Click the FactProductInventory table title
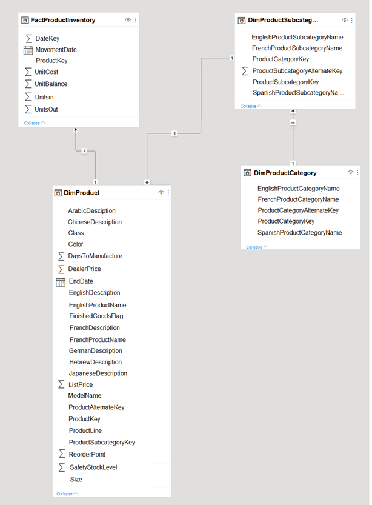tap(63, 20)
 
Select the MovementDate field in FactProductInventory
tap(56, 50)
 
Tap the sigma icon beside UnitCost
tap(28, 72)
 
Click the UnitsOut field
tap(46, 109)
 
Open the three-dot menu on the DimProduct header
tap(168, 193)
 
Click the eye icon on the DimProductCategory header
tap(350, 172)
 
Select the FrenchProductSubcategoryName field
tap(297, 48)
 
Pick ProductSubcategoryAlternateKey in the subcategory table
tap(297, 70)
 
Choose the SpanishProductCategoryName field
tap(299, 232)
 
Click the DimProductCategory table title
tap(285, 173)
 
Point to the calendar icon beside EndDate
tap(61, 282)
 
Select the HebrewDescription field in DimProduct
tap(95, 362)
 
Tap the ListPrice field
tap(81, 384)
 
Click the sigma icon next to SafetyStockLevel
tap(62, 467)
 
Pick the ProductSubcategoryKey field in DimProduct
tap(102, 442)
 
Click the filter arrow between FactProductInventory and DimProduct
tap(84, 151)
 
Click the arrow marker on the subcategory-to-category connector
tap(293, 122)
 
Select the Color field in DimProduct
tap(76, 244)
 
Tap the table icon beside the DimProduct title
tap(58, 193)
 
